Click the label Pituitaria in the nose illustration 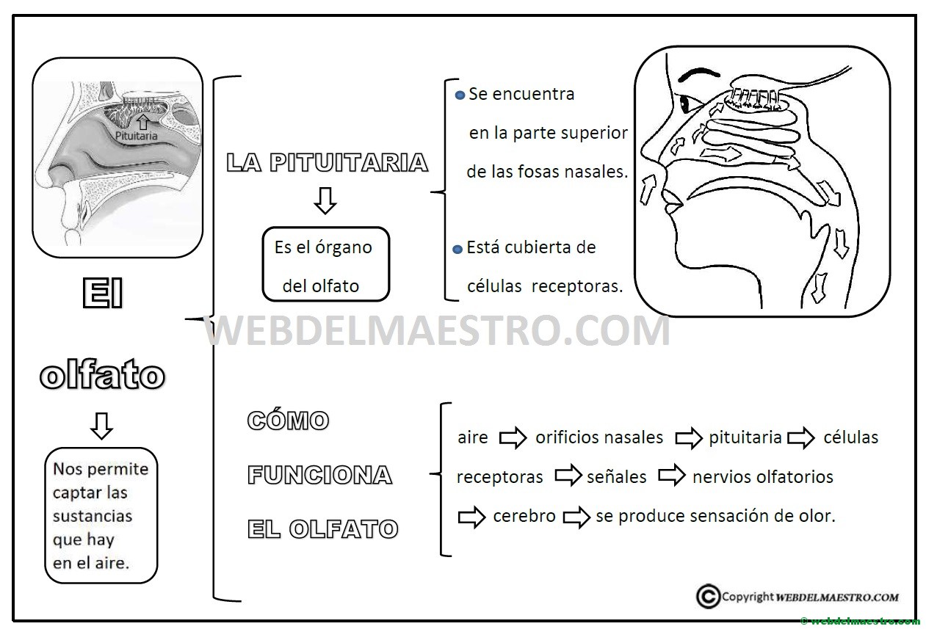[x=136, y=136]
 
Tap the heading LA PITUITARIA [x=327, y=162]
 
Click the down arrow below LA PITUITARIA [x=325, y=201]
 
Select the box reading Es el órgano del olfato [x=326, y=264]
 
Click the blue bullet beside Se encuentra [x=460, y=95]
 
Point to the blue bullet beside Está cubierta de [x=457, y=250]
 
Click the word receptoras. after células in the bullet [x=576, y=286]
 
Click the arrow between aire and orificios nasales [x=513, y=437]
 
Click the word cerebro [x=524, y=516]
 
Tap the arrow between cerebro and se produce [x=576, y=517]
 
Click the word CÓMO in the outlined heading [x=288, y=420]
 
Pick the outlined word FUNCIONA [x=320, y=474]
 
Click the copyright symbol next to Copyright [x=708, y=596]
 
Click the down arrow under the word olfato [x=101, y=426]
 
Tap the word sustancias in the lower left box [x=93, y=516]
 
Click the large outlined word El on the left [x=103, y=293]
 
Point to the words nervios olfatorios [x=763, y=477]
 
